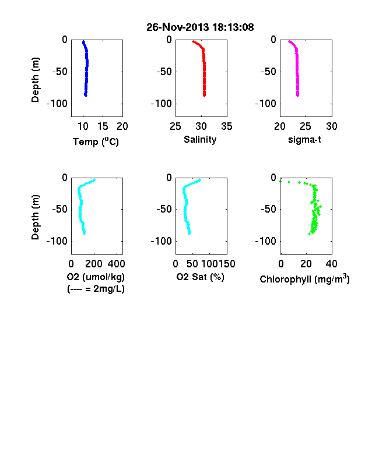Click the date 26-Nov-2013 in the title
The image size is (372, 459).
[x=178, y=27]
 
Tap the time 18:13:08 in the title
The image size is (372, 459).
[x=233, y=27]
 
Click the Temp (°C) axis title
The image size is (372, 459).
[x=96, y=142]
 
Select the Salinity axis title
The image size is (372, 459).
[x=200, y=140]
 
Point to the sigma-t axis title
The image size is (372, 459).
[x=304, y=140]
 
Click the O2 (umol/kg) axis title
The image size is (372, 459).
[x=96, y=277]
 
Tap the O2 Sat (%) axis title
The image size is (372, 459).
[x=201, y=277]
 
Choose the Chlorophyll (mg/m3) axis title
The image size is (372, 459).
[x=304, y=279]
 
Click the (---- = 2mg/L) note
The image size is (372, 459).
[x=96, y=289]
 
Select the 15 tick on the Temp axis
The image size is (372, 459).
[x=103, y=126]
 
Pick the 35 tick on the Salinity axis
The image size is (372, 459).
[x=227, y=126]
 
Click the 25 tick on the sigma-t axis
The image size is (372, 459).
[x=306, y=126]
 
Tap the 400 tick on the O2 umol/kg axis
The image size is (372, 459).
[x=116, y=264]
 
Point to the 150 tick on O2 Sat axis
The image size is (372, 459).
[x=227, y=264]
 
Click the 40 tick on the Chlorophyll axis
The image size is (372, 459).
[x=332, y=264]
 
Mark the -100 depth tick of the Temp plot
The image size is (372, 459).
[x=57, y=104]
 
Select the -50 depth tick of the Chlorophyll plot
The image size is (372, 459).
[x=269, y=209]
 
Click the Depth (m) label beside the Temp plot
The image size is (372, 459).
[x=35, y=80]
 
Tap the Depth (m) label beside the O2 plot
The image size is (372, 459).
[x=35, y=217]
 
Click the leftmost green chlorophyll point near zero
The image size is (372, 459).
[x=280, y=182]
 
